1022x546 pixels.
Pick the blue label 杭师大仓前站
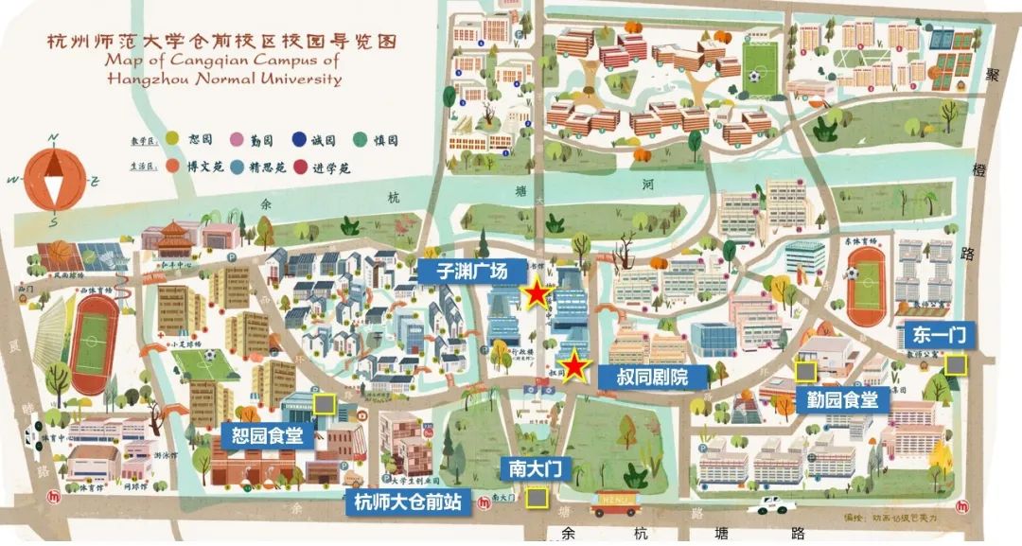[408, 502]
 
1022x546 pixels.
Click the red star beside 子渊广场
[537, 294]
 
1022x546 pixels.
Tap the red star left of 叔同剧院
[574, 366]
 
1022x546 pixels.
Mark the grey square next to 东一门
[957, 363]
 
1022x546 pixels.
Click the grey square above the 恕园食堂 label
[325, 404]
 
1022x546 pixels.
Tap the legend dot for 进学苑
[301, 167]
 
